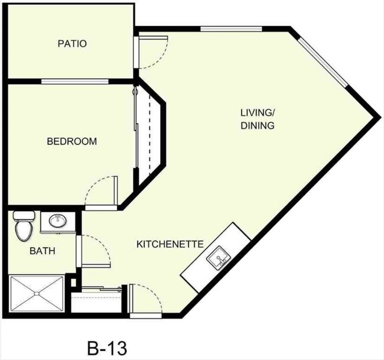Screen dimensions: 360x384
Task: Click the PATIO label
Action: coord(72,44)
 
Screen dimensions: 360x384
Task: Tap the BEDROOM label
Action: coord(71,142)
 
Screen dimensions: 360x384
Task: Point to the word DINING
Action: coord(258,125)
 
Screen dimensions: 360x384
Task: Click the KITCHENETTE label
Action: coord(170,244)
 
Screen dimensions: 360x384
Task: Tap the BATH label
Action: coord(43,251)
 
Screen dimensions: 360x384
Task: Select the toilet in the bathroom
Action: coord(22,225)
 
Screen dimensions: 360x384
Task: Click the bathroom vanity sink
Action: coord(57,222)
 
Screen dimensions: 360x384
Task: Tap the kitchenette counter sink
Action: coord(218,258)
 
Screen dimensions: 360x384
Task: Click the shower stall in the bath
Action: coord(37,294)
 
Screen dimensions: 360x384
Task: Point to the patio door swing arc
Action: coord(151,56)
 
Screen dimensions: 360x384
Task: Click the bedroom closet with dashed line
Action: coord(149,137)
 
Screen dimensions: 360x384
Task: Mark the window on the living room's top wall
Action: coord(221,29)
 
